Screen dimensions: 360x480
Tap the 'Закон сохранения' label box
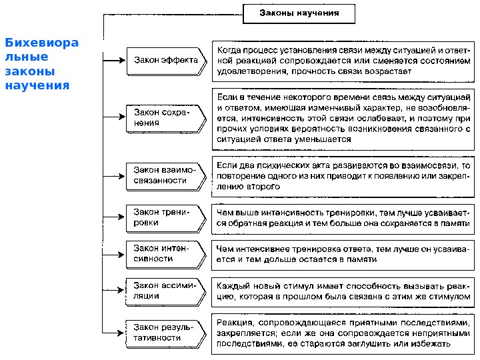coord(162,118)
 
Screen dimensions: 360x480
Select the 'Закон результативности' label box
coord(163,332)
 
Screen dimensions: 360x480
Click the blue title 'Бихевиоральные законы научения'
coord(41,65)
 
